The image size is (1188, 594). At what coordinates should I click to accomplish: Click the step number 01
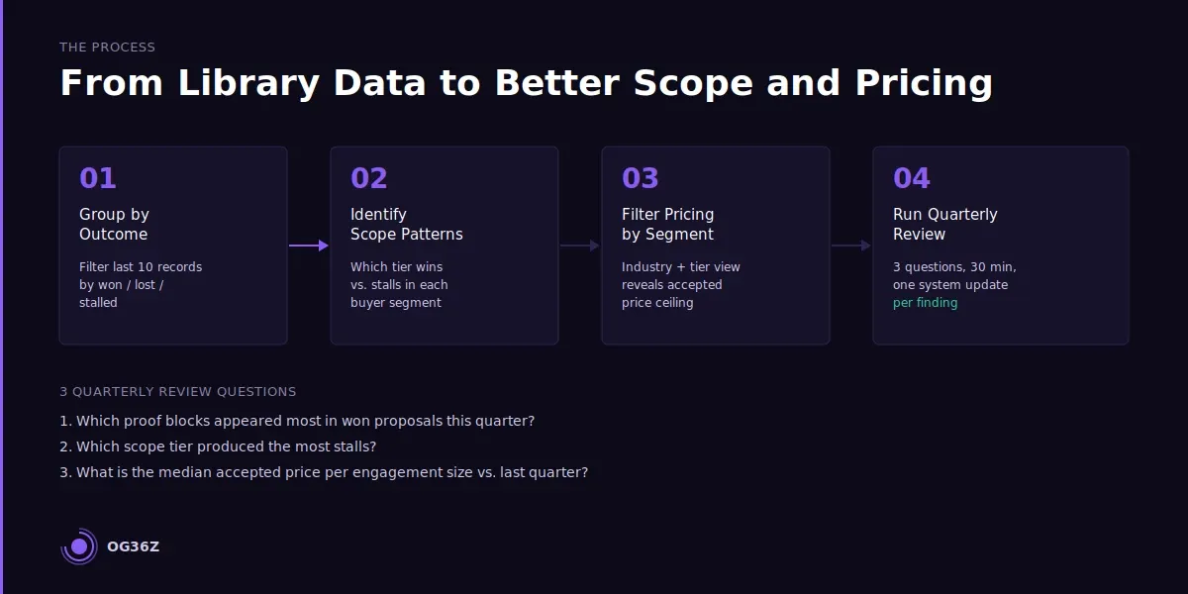[98, 178]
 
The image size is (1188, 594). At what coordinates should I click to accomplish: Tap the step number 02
[369, 178]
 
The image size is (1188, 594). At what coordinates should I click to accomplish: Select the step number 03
[641, 178]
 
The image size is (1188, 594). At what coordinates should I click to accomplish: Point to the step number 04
[912, 178]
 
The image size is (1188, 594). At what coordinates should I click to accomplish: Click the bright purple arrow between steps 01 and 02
[309, 246]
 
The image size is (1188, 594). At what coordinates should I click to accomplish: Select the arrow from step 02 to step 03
[580, 246]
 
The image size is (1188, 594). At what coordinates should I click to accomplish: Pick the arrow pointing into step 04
[851, 246]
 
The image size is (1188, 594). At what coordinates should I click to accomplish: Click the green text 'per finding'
[925, 303]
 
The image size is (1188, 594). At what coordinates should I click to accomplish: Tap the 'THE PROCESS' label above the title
[107, 48]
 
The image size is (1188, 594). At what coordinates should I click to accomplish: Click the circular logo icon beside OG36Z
[79, 546]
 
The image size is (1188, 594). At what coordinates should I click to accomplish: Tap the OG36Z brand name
[133, 546]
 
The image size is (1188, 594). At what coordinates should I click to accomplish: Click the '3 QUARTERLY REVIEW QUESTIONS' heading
[178, 392]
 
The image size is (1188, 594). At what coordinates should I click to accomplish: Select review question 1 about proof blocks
[297, 421]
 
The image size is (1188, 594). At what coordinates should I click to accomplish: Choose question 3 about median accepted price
[324, 472]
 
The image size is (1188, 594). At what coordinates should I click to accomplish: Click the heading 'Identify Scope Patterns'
[406, 224]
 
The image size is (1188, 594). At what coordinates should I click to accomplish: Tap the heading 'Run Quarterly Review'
[944, 224]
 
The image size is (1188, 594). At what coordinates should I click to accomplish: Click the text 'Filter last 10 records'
[141, 267]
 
